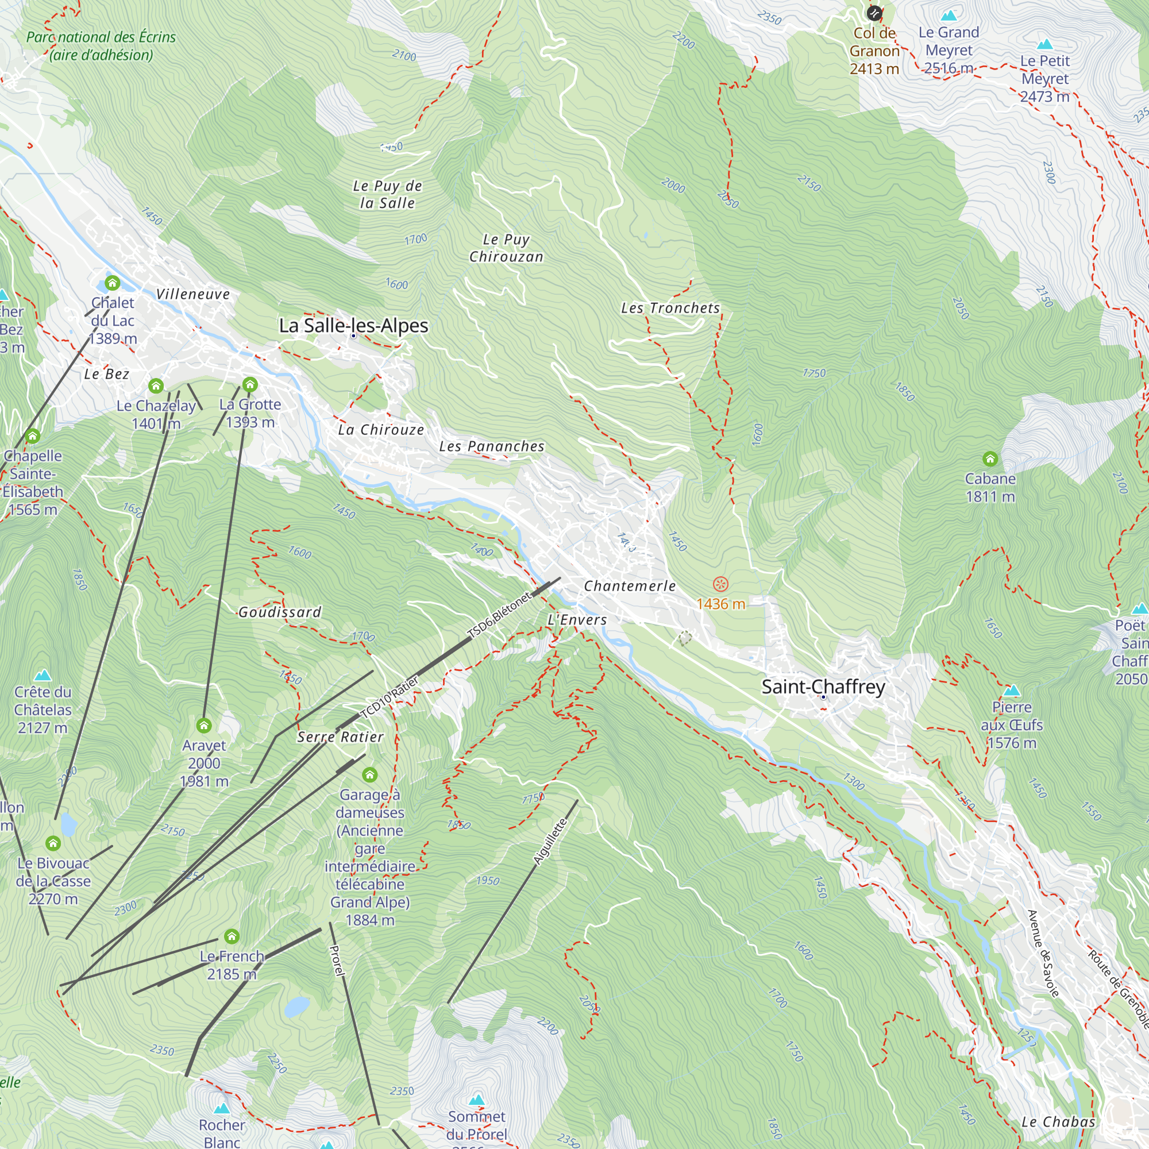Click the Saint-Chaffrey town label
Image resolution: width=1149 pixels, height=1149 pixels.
823,687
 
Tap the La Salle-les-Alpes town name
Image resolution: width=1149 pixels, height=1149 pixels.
353,325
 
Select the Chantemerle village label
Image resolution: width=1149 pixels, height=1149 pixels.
630,586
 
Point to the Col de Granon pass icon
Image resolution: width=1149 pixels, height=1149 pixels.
874,13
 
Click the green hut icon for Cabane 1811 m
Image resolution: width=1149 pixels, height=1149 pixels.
990,458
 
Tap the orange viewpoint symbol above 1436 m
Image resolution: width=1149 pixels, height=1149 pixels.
720,584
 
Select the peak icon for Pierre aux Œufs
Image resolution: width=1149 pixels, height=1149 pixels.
1012,691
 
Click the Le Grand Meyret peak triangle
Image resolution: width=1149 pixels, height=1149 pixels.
949,15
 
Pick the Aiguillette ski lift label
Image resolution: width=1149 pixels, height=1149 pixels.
550,841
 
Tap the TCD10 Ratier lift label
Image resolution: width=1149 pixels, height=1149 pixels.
390,697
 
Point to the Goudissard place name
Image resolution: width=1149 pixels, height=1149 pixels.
280,612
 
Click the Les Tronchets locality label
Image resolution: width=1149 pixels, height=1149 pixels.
670,308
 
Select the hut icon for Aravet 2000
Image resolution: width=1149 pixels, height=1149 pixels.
204,725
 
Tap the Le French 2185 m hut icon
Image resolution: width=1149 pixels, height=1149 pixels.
232,936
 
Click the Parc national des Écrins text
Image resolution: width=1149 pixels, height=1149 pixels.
101,46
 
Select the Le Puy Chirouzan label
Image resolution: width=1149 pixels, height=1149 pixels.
506,248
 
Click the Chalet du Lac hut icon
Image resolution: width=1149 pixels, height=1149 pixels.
113,283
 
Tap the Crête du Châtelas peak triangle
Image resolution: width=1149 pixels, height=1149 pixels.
43,675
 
